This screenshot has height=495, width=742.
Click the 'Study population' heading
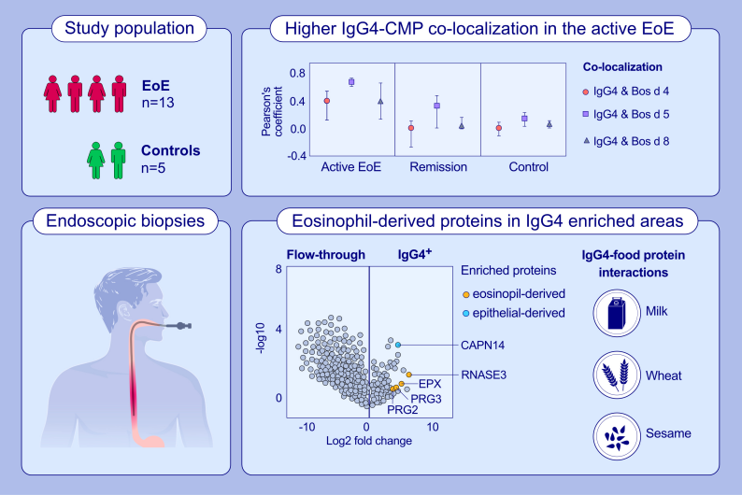click(x=129, y=29)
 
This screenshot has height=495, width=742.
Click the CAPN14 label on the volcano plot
click(x=482, y=346)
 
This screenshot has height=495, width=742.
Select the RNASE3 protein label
click(x=482, y=375)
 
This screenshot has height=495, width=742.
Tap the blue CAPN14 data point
click(x=397, y=346)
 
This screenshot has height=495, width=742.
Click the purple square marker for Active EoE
click(x=351, y=82)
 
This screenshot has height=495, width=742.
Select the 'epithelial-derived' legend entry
click(x=520, y=312)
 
